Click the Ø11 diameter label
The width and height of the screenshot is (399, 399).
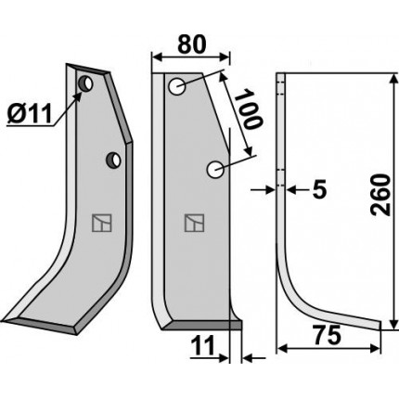coord(30,114)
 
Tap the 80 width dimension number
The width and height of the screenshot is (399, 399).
coord(192,44)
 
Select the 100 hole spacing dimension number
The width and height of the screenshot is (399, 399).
coord(248,109)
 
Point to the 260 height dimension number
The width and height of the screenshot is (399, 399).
coord(380,195)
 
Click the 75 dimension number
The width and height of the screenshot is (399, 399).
coord(328,335)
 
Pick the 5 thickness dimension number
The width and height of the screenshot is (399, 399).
coord(320,189)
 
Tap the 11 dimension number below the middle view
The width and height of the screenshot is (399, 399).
coord(203,345)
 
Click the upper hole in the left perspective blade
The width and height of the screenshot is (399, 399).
coord(85,84)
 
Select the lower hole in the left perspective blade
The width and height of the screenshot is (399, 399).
coord(113,160)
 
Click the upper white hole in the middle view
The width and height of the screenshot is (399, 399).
coord(177,86)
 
